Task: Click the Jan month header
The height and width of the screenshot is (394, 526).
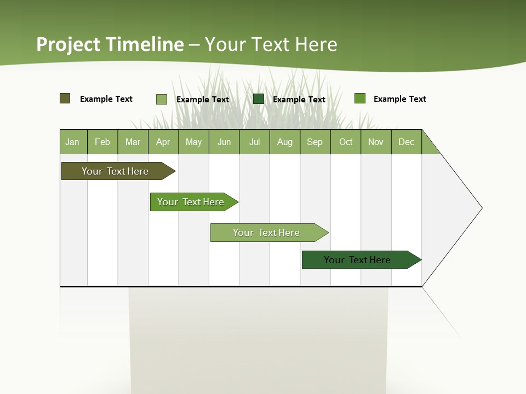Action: click(73, 142)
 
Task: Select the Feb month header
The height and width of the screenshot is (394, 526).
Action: click(102, 142)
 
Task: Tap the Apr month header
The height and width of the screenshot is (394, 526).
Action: click(163, 142)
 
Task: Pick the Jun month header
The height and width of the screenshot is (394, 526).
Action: click(224, 142)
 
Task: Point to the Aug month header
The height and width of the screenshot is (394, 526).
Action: click(285, 142)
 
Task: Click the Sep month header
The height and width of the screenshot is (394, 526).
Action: click(315, 142)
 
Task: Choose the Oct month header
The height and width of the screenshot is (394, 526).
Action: click(346, 142)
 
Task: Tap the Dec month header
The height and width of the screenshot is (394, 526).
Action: click(407, 142)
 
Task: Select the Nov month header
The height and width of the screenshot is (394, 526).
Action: click(376, 142)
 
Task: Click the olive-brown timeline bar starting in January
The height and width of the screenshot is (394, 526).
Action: click(115, 171)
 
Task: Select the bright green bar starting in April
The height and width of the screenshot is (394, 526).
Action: click(191, 202)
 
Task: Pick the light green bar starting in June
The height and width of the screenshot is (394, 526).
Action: click(266, 233)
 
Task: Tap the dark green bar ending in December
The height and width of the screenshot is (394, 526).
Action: click(357, 260)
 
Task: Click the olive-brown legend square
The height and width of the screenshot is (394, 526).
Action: click(65, 99)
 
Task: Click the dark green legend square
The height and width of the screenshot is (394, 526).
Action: click(259, 99)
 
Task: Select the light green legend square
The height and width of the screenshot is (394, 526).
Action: click(162, 99)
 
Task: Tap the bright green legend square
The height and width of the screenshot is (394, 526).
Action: click(360, 99)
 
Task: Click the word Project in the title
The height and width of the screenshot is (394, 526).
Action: click(69, 44)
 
